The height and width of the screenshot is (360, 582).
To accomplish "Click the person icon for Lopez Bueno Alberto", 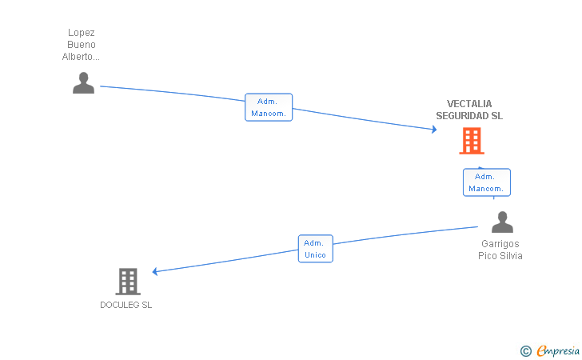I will [83, 83].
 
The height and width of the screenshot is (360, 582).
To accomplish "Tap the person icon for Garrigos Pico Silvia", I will [502, 222].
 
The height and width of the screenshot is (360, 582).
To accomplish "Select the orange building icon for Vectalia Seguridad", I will [472, 141].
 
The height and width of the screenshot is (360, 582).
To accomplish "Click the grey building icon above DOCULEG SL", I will [128, 282].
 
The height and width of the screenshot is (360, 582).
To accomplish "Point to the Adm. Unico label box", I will [315, 249].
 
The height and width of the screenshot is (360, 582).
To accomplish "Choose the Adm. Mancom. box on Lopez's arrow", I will [269, 107].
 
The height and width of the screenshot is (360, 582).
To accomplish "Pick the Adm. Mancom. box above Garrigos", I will [486, 182].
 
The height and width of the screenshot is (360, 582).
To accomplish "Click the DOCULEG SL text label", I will [126, 305].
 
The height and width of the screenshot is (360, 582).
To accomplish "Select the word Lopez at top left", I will [82, 33].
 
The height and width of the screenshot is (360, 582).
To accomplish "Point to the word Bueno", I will [82, 45].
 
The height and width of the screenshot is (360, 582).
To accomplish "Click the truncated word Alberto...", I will [82, 57].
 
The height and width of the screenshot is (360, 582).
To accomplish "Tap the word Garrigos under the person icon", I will [500, 244].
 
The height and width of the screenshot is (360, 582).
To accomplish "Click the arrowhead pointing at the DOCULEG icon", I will [155, 272].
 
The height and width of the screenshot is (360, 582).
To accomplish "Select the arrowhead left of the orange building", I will [433, 130].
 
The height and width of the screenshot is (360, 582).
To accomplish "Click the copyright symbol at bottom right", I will [525, 350].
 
